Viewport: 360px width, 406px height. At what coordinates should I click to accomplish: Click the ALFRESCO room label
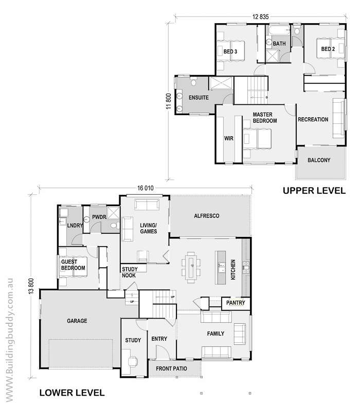pyautogui.click(x=207, y=216)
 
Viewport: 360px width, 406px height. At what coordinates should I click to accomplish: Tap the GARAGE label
pyautogui.click(x=77, y=321)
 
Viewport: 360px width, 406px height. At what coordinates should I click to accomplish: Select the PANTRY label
pyautogui.click(x=236, y=303)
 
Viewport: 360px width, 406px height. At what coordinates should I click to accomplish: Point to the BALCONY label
pyautogui.click(x=319, y=160)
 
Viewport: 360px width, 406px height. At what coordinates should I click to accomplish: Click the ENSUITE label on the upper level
pyautogui.click(x=199, y=98)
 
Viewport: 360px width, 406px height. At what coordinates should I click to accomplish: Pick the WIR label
pyautogui.click(x=228, y=138)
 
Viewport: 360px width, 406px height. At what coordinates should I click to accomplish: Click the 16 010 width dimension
pyautogui.click(x=146, y=188)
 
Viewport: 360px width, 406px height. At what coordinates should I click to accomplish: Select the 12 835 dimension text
pyautogui.click(x=260, y=17)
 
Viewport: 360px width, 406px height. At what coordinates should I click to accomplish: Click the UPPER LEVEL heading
pyautogui.click(x=314, y=191)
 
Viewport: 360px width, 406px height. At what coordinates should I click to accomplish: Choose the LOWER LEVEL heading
pyautogui.click(x=72, y=393)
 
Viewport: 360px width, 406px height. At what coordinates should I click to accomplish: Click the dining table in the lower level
pyautogui.click(x=191, y=267)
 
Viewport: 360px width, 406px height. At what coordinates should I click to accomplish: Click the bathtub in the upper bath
pyautogui.click(x=279, y=30)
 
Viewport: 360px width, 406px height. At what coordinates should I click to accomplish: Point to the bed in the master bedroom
pyautogui.click(x=257, y=139)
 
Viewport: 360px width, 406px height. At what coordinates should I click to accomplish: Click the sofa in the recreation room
pyautogui.click(x=338, y=118)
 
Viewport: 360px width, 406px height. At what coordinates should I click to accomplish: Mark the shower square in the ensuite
pyautogui.click(x=221, y=83)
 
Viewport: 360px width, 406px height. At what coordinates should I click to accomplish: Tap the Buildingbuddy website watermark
pyautogui.click(x=9, y=342)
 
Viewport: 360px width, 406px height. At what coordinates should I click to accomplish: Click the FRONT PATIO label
pyautogui.click(x=171, y=368)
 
